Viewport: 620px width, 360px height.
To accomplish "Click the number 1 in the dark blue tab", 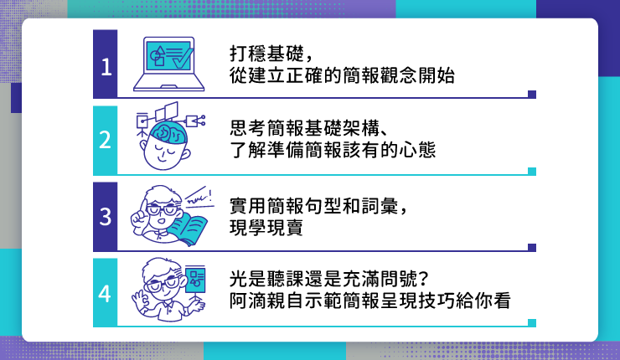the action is (106, 67).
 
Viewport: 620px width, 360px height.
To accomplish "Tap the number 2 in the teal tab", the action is (106, 140).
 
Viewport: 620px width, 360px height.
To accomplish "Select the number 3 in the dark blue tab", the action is (106, 217).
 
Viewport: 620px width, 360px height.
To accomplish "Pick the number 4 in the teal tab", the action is (105, 294).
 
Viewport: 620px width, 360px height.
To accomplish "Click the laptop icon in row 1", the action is (169, 64).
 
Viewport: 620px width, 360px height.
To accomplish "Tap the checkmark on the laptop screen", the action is (182, 58).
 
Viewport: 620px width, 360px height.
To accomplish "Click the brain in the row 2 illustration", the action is (169, 131).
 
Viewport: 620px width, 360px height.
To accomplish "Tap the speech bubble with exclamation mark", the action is (199, 197).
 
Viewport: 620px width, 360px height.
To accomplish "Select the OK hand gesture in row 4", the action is (140, 301).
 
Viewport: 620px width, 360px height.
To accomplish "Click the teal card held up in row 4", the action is (195, 279).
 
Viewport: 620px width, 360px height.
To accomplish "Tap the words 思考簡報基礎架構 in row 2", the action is (305, 127).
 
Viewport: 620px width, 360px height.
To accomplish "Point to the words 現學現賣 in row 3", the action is (266, 227).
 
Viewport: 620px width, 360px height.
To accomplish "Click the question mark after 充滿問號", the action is (423, 279).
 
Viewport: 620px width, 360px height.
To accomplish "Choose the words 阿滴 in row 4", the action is (248, 301).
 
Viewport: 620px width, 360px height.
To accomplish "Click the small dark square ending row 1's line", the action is (532, 94).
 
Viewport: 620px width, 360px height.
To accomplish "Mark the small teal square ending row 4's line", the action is (532, 323).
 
